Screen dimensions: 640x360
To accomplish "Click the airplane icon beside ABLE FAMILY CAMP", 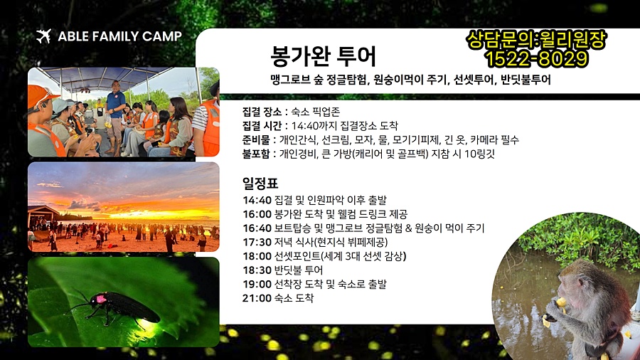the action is tap(43, 36).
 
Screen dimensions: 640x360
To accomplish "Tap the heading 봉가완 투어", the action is tap(323, 56).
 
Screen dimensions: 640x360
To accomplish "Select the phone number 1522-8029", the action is tap(536, 58).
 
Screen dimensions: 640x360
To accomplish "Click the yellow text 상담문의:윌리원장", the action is tap(536, 40).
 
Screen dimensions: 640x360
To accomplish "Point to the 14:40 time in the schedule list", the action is tap(257, 200).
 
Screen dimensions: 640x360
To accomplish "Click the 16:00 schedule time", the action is tap(257, 214).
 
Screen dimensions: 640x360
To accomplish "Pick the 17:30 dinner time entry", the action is tap(257, 242).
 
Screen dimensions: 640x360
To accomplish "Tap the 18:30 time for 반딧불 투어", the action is tap(257, 270).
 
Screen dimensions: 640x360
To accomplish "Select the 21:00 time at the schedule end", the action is tap(257, 298).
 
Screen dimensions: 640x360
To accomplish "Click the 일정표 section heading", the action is tap(260, 184).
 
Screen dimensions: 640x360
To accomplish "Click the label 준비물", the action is tap(256, 140).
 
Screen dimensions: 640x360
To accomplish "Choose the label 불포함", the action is tap(256, 154).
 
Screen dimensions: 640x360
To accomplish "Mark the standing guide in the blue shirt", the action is tap(115, 117).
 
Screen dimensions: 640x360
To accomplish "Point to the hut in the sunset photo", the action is tap(43, 216).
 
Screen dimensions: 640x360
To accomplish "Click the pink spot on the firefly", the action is tap(101, 299).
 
